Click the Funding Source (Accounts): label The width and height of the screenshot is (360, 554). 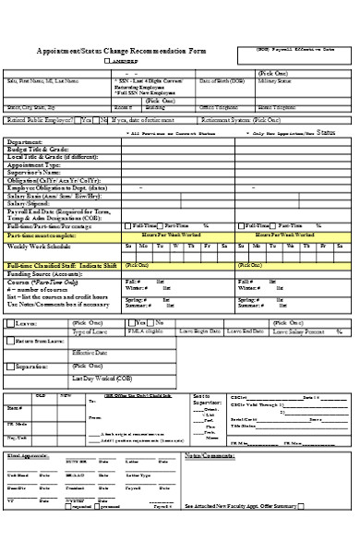click(45, 273)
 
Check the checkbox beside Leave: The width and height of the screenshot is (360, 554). click(9, 323)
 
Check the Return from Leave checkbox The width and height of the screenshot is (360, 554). click(9, 341)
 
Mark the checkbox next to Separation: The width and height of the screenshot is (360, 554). click(9, 366)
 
